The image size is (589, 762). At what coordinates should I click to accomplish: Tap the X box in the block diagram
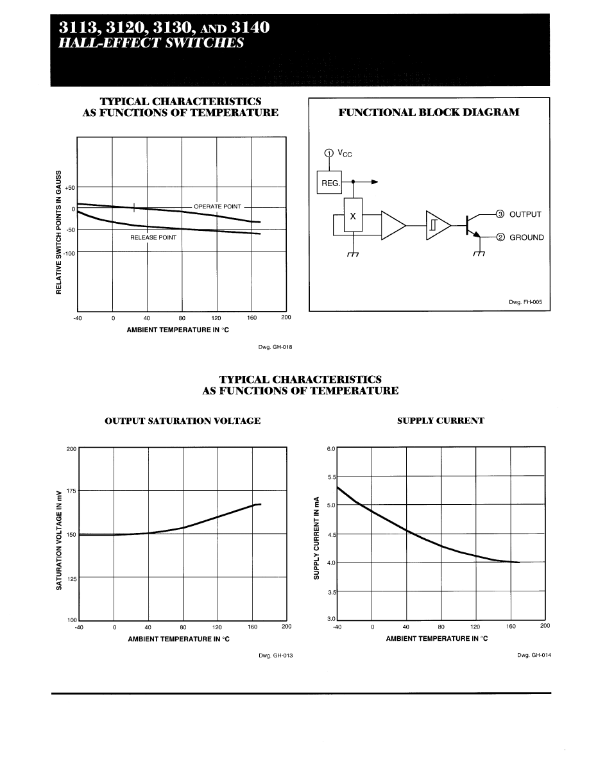(x=353, y=217)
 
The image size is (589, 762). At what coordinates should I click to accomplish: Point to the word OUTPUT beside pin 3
(x=525, y=214)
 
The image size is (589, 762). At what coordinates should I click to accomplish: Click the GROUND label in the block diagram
(x=526, y=237)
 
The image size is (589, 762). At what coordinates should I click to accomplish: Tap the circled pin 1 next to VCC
(x=329, y=153)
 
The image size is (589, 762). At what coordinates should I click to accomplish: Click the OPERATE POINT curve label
(x=218, y=207)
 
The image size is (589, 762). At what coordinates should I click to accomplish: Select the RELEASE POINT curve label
(x=153, y=237)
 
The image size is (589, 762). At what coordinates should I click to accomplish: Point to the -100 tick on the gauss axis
(x=69, y=253)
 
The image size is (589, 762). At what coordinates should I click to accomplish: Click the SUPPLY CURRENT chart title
(x=441, y=421)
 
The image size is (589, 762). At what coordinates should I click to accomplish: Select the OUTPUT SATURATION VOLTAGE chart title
(x=182, y=421)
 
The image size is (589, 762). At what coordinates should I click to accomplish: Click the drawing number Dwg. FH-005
(x=529, y=302)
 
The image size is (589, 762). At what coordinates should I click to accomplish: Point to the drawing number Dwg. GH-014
(x=534, y=655)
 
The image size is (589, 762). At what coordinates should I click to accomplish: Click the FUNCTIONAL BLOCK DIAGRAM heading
(x=429, y=113)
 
